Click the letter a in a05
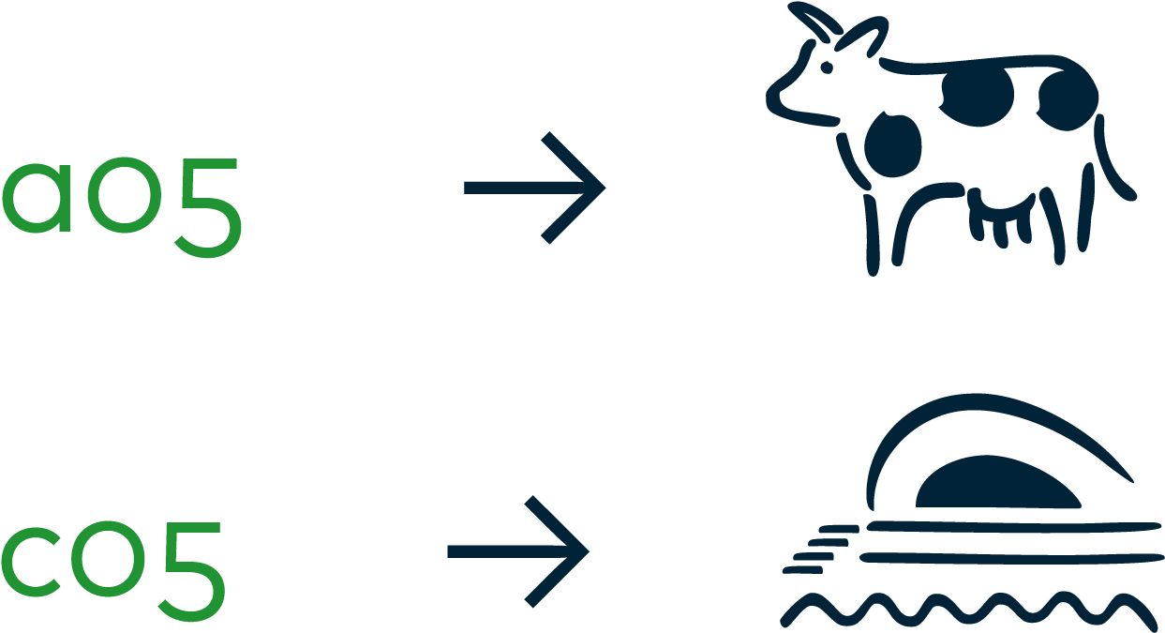pos(37,198)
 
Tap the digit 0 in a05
pos(125,195)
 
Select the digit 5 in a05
pos(209,207)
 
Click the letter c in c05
pos(30,562)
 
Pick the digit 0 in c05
pos(108,560)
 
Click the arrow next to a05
pos(534,188)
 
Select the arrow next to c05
pos(518,551)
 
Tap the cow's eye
pos(827,68)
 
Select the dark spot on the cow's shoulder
pos(893,144)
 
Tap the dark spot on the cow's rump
pos(1068,100)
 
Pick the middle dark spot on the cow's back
pos(978,97)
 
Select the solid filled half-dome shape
pos(996,484)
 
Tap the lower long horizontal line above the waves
pos(1011,559)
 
